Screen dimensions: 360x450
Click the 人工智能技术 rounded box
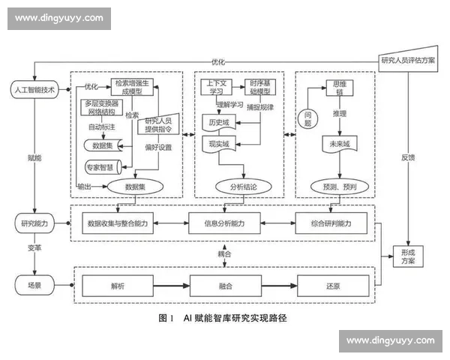[34, 90]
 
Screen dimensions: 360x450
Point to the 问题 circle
[307, 117]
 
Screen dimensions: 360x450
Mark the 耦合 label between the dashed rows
[224, 253]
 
